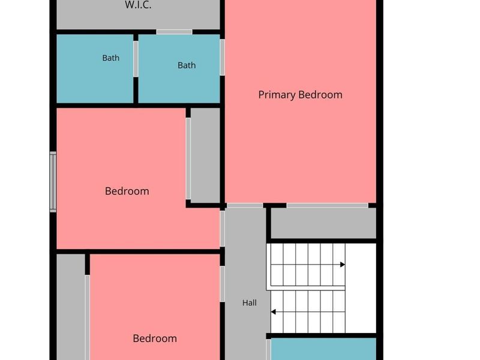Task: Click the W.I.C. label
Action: point(138,5)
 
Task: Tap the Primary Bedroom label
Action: point(301,95)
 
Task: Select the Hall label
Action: point(250,303)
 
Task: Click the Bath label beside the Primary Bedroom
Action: point(187,65)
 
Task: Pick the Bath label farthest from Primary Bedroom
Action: point(111,58)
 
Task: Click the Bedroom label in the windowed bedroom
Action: point(127,191)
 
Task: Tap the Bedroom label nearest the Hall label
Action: point(155,338)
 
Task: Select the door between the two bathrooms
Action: point(136,59)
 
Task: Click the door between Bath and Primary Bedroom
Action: point(222,57)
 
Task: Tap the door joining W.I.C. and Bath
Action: point(174,32)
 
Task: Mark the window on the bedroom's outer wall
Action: point(53,182)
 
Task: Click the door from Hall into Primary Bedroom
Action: point(245,205)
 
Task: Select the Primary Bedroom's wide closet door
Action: point(327,205)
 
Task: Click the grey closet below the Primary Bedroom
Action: point(323,223)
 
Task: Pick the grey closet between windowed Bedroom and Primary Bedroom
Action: point(205,155)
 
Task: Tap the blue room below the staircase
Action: point(323,349)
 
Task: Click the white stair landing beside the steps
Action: point(361,288)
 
